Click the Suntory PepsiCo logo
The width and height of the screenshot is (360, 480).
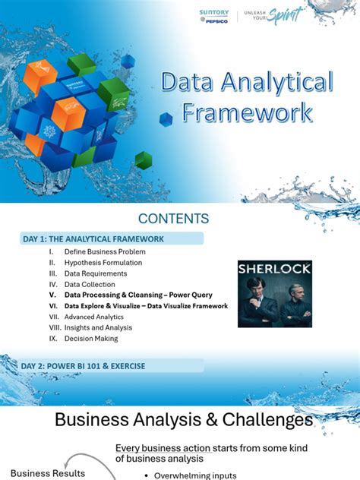point(215,16)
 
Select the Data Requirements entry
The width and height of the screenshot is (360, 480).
point(96,273)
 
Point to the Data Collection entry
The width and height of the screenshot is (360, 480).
point(90,284)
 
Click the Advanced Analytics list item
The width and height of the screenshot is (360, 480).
point(95,317)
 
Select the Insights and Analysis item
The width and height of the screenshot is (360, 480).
point(98,327)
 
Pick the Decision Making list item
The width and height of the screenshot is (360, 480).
point(91,339)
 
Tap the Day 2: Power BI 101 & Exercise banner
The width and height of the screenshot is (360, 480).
point(84,366)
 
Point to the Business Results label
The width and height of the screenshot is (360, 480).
point(43,473)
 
